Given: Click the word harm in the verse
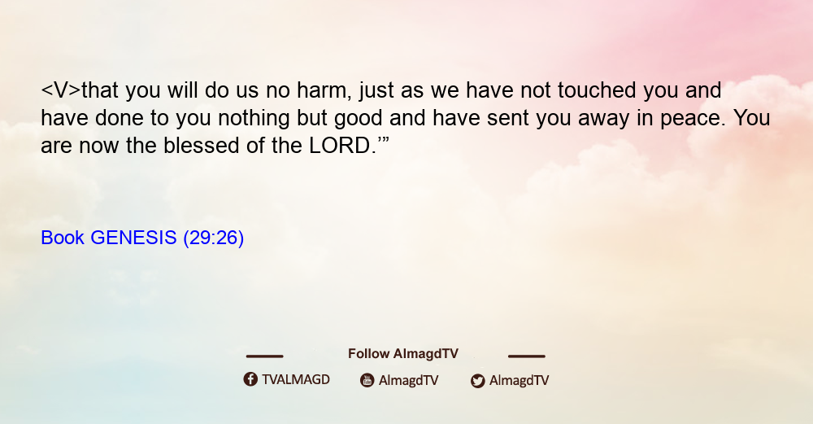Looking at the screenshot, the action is (x=320, y=90).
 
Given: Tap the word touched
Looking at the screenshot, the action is (x=597, y=90).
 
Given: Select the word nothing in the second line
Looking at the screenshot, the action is (x=254, y=118).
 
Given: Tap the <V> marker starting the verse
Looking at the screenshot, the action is (x=61, y=90).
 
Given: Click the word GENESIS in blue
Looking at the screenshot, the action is (x=134, y=238).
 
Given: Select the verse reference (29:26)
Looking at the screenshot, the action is (x=214, y=238).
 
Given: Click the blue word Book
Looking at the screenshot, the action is (x=63, y=238).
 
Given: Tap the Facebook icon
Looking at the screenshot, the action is (x=250, y=379).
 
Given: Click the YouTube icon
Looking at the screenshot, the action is (x=367, y=380).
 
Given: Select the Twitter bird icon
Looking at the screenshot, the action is (x=477, y=381).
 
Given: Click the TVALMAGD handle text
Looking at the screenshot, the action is (x=296, y=379).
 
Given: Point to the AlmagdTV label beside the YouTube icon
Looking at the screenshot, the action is (x=409, y=380).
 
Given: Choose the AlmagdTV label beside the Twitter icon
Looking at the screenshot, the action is (x=519, y=380).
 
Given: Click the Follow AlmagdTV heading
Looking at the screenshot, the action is (x=403, y=353).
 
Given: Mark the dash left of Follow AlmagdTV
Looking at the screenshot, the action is (x=264, y=356).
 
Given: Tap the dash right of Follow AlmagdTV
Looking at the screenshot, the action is (x=527, y=356).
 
